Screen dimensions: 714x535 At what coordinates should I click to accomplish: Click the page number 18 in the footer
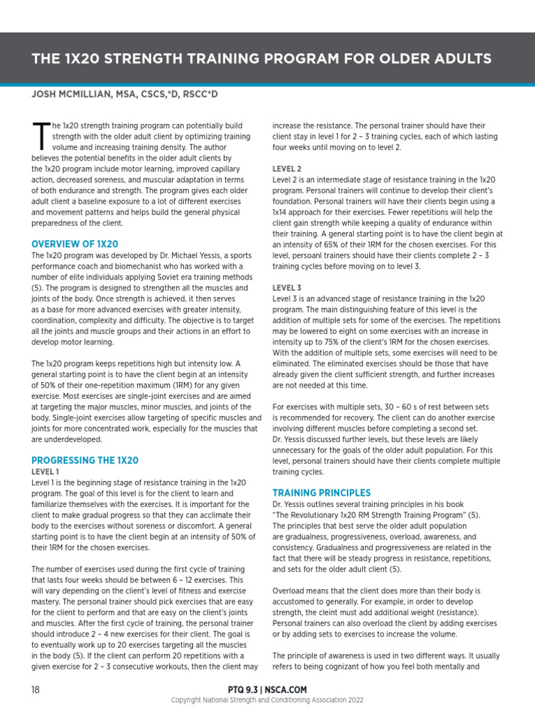(36, 690)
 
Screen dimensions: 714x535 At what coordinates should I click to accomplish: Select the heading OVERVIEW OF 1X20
(75, 244)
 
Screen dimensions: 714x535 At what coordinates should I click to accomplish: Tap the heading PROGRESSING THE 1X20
(85, 460)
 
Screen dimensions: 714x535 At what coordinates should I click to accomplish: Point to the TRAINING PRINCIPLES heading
(321, 492)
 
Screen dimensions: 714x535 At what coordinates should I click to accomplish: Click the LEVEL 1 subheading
(44, 472)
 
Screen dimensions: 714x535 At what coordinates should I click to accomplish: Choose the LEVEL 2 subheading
(286, 169)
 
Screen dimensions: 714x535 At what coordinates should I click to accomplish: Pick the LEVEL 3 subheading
(286, 287)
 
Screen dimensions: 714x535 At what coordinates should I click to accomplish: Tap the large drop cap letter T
(41, 136)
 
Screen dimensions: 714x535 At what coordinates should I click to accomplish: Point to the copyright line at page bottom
(267, 700)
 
